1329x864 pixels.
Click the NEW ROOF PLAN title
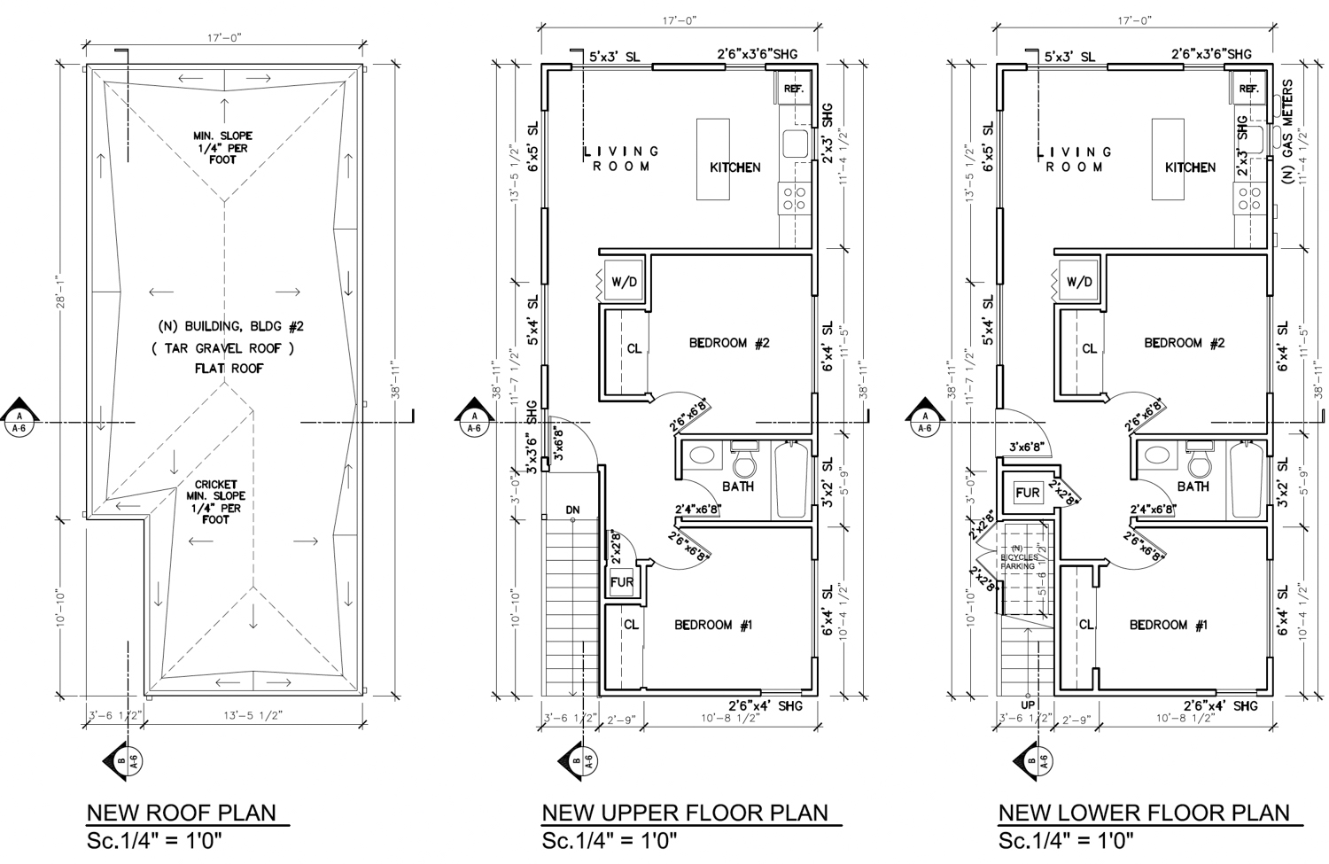pyautogui.click(x=181, y=813)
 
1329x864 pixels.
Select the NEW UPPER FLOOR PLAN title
pyautogui.click(x=684, y=813)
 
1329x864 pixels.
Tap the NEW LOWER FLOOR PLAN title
pyautogui.click(x=1144, y=813)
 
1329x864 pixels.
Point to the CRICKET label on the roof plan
pyautogui.click(x=215, y=485)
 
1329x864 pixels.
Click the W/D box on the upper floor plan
pyautogui.click(x=624, y=282)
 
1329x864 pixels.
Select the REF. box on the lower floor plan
pyautogui.click(x=1248, y=89)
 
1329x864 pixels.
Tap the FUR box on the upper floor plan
pyautogui.click(x=622, y=582)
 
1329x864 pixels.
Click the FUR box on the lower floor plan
pyautogui.click(x=1027, y=493)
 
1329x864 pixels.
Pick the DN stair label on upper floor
pyautogui.click(x=572, y=510)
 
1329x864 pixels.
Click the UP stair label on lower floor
pyautogui.click(x=1028, y=705)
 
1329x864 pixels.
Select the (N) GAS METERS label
pyautogui.click(x=1287, y=132)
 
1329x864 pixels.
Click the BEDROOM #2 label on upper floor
pyautogui.click(x=729, y=343)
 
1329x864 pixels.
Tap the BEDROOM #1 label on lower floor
pyautogui.click(x=1168, y=625)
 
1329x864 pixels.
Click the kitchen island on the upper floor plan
pyautogui.click(x=713, y=160)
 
